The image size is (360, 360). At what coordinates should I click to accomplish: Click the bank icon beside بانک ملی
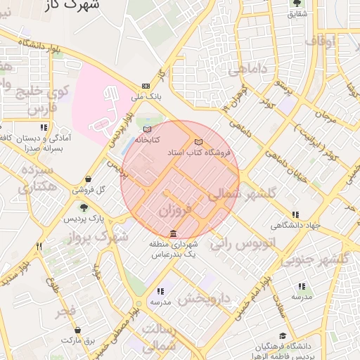point(146,86)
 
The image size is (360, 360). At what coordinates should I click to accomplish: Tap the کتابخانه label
point(146,139)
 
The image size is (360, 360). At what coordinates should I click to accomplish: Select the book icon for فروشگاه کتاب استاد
point(198,142)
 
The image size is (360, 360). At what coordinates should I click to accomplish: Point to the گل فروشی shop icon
point(88,179)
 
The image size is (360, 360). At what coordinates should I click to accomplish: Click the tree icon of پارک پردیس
point(84,207)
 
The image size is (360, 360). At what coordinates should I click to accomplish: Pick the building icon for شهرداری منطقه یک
point(174,233)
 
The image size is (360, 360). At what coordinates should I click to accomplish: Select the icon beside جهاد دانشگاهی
point(294,214)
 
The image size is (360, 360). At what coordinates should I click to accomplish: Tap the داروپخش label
point(204,297)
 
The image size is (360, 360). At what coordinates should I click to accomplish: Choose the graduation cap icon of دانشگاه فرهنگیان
point(283,335)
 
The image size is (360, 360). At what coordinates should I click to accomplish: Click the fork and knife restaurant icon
point(39,246)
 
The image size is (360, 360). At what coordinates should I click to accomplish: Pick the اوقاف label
point(322,40)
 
